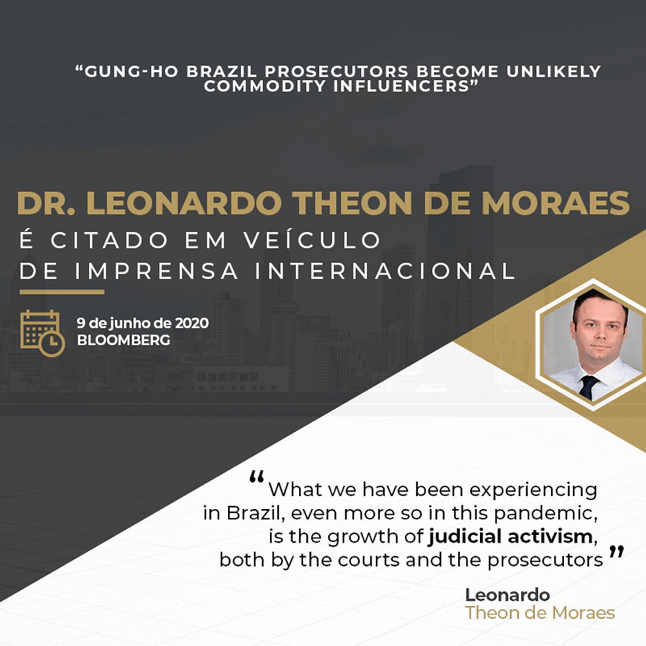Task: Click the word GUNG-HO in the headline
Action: (131, 71)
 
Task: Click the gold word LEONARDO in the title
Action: (184, 203)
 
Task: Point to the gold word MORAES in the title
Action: (556, 203)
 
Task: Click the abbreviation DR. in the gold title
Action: (46, 203)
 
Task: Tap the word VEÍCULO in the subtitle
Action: (312, 240)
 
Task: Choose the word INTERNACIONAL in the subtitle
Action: (385, 271)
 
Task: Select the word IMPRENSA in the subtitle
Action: (156, 271)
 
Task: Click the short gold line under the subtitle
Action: (62, 292)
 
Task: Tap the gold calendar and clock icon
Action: (43, 333)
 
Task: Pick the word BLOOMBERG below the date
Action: (123, 340)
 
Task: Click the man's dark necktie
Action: (587, 387)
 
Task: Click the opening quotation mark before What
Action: (256, 477)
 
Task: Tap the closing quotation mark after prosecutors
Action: (616, 552)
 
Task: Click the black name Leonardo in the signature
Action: (508, 595)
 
